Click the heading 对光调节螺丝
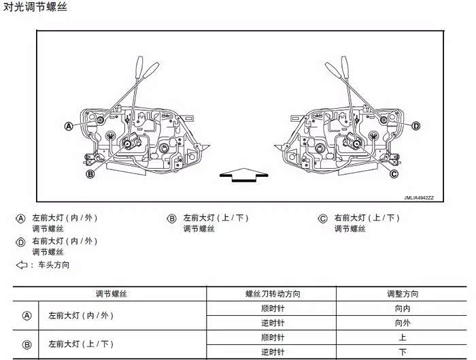(x=35, y=7)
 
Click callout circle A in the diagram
(x=69, y=126)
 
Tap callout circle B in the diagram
(x=90, y=174)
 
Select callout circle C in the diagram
(x=394, y=174)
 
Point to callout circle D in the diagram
(x=416, y=126)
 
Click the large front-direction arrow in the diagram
(x=243, y=175)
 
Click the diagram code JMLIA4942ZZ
(x=419, y=198)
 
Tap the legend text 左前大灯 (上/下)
(x=216, y=218)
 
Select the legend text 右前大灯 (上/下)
(x=367, y=218)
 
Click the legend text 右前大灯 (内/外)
(x=65, y=241)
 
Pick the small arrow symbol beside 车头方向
(x=22, y=265)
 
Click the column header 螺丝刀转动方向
(x=273, y=294)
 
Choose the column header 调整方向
(x=403, y=294)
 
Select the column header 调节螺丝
(x=111, y=294)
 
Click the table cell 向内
(x=403, y=308)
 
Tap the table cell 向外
(x=403, y=323)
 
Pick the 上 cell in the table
(x=403, y=338)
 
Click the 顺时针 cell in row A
(x=273, y=308)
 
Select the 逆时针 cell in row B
(x=273, y=352)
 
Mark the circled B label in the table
(x=27, y=345)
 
